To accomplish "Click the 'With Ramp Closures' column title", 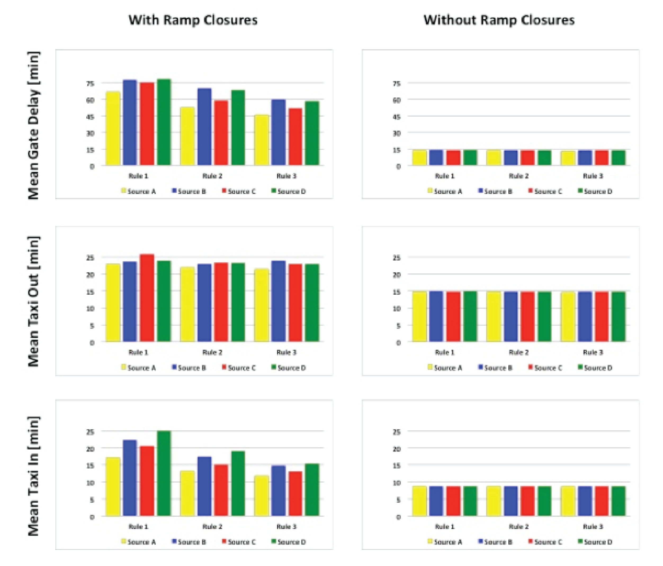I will (x=193, y=20).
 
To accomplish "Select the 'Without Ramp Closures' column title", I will (x=499, y=20).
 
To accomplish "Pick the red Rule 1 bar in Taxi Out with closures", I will (x=147, y=298).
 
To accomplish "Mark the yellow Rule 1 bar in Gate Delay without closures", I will (x=419, y=158).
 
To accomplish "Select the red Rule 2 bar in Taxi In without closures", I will (x=527, y=501).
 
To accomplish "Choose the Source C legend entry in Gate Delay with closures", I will (x=239, y=192).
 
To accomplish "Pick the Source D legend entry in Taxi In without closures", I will (x=595, y=542).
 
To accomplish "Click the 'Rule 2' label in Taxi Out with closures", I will (x=212, y=352).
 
